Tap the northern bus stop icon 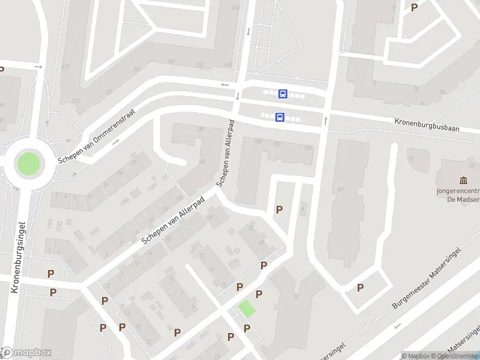[x=283, y=94]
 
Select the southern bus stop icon [x=280, y=118]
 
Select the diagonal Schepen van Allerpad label [x=173, y=221]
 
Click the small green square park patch [x=247, y=309]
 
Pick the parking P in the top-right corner [x=414, y=8]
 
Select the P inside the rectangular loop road [x=360, y=287]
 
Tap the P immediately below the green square [x=247, y=328]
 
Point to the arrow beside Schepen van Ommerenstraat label [x=115, y=142]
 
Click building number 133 [x=109, y=91]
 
